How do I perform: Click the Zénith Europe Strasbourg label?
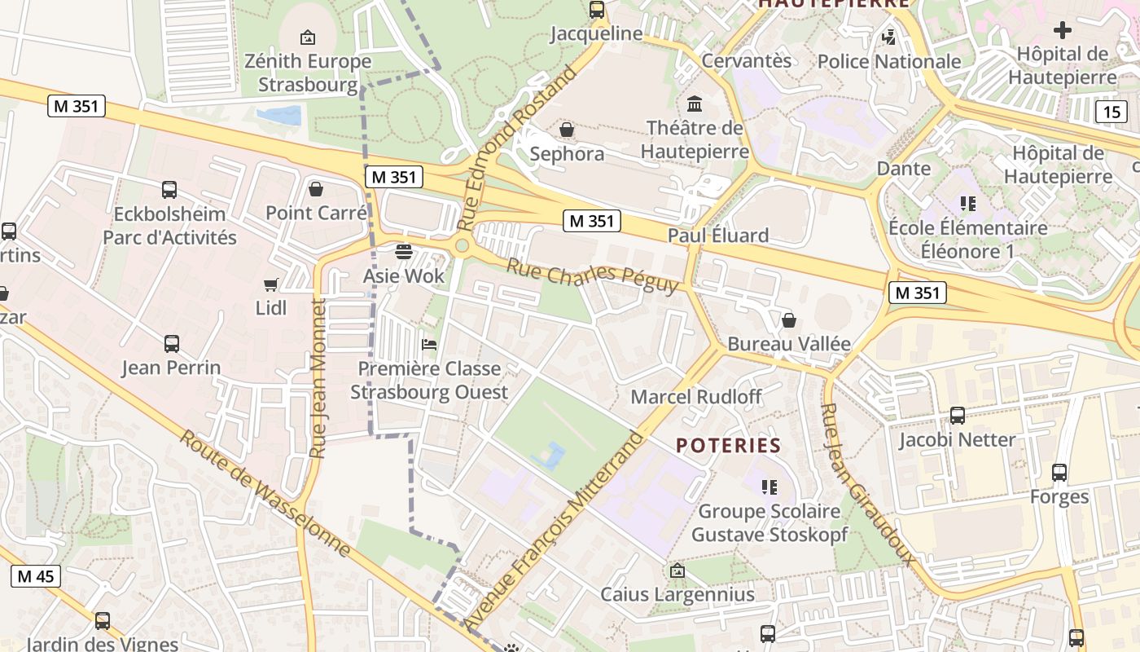click(308, 73)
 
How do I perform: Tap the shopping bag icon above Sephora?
click(567, 130)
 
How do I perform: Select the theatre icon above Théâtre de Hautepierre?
click(695, 104)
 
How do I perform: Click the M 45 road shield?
click(36, 576)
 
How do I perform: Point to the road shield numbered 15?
click(1112, 112)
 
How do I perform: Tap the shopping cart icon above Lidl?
click(271, 284)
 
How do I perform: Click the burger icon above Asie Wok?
click(404, 251)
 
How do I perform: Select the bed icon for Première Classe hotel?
click(429, 344)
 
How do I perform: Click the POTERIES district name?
click(729, 445)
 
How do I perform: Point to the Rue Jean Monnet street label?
click(318, 378)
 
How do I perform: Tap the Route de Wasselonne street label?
click(265, 494)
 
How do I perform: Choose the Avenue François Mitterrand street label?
click(554, 530)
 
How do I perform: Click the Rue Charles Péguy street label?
click(592, 275)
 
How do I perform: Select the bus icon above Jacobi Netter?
click(958, 416)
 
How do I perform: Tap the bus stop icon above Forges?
click(1059, 473)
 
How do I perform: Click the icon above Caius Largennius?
click(677, 570)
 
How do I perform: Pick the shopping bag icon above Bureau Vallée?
click(788, 320)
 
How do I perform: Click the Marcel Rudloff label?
click(696, 397)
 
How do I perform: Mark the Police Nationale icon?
click(889, 37)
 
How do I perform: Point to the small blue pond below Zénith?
click(279, 116)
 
